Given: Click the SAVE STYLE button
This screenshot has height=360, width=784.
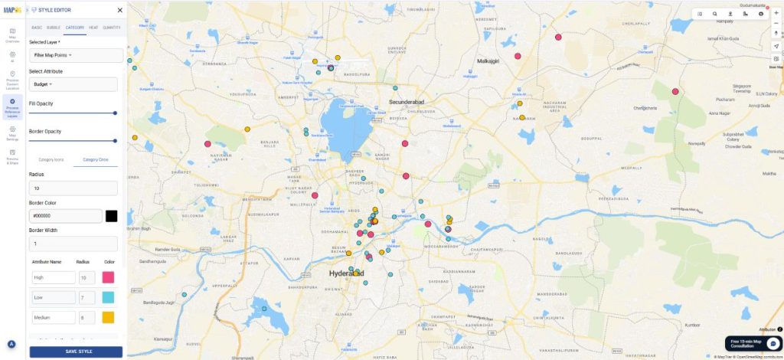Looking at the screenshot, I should pyautogui.click(x=76, y=352).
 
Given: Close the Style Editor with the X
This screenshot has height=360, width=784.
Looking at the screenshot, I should pyautogui.click(x=119, y=10).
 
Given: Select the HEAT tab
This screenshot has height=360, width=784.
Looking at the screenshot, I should pyautogui.click(x=93, y=28).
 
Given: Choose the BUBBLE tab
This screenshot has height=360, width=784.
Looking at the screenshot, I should pyautogui.click(x=54, y=28).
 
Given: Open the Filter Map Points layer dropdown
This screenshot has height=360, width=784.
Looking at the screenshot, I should pyautogui.click(x=76, y=55).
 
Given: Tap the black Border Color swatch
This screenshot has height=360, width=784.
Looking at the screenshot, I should pyautogui.click(x=111, y=216).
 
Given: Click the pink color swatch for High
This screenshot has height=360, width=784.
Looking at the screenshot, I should pyautogui.click(x=109, y=277).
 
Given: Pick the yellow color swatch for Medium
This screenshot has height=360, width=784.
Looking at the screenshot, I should pyautogui.click(x=109, y=317).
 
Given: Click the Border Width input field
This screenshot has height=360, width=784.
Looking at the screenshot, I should pyautogui.click(x=73, y=244).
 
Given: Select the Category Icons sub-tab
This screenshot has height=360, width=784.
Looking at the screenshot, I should pyautogui.click(x=51, y=159).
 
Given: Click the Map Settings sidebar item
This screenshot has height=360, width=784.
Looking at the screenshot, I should pyautogui.click(x=12, y=133).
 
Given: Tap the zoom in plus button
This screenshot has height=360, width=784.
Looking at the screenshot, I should pyautogui.click(x=776, y=13).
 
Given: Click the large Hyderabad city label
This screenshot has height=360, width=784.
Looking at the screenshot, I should pyautogui.click(x=346, y=273).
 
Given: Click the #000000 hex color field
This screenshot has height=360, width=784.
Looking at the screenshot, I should pyautogui.click(x=65, y=216).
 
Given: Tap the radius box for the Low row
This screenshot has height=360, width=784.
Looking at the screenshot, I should pyautogui.click(x=87, y=297).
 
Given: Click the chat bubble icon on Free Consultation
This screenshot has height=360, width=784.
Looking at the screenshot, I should pyautogui.click(x=773, y=343).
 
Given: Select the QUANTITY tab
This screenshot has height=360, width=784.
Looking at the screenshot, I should pyautogui.click(x=112, y=28).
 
